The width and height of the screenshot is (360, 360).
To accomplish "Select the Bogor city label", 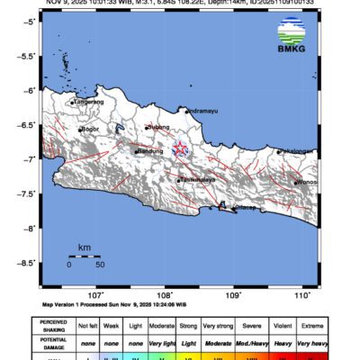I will coord(89,130).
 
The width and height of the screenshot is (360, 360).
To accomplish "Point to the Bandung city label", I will coord(150,151).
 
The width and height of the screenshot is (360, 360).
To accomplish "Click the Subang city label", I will coord(159,128).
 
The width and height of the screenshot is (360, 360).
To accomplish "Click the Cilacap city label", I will coord(245,208).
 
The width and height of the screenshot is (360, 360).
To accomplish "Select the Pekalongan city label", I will coord(296,151).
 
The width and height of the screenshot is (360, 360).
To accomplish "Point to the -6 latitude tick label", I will coord(30,90).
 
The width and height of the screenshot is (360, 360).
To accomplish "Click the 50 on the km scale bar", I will coord(100,265).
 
